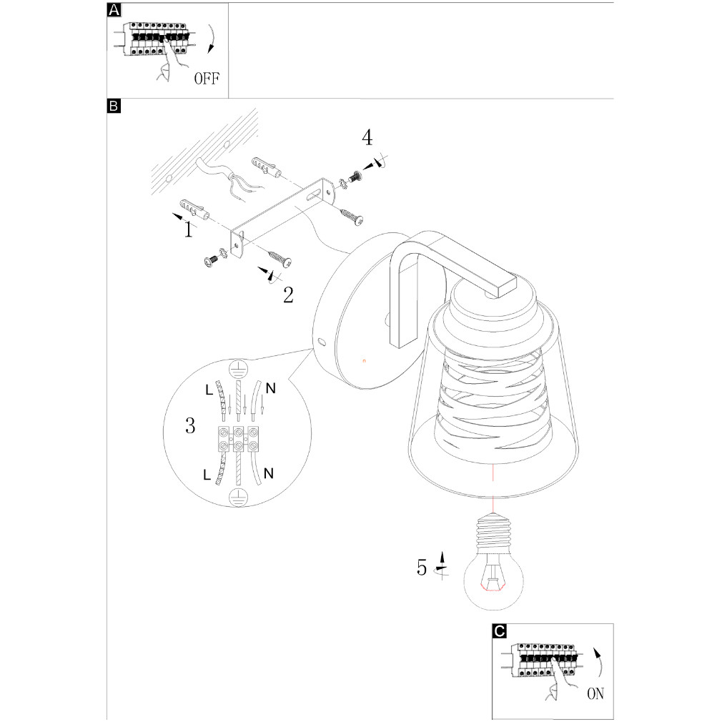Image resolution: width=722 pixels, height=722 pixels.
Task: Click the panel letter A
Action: [113, 10]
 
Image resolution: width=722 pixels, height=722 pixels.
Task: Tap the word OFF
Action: [207, 78]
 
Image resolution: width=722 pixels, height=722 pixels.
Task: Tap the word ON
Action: [595, 693]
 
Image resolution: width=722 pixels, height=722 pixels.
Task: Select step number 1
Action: [188, 229]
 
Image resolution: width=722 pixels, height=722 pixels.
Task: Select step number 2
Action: [287, 295]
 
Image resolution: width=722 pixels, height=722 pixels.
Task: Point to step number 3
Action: [189, 427]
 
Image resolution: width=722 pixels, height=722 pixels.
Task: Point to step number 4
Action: [367, 137]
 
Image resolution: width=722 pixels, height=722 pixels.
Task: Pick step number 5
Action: [422, 568]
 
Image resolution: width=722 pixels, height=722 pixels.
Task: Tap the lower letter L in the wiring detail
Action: [207, 475]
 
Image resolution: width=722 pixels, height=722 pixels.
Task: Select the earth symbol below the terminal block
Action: [237, 498]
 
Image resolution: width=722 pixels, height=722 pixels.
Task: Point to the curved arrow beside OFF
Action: [212, 39]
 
